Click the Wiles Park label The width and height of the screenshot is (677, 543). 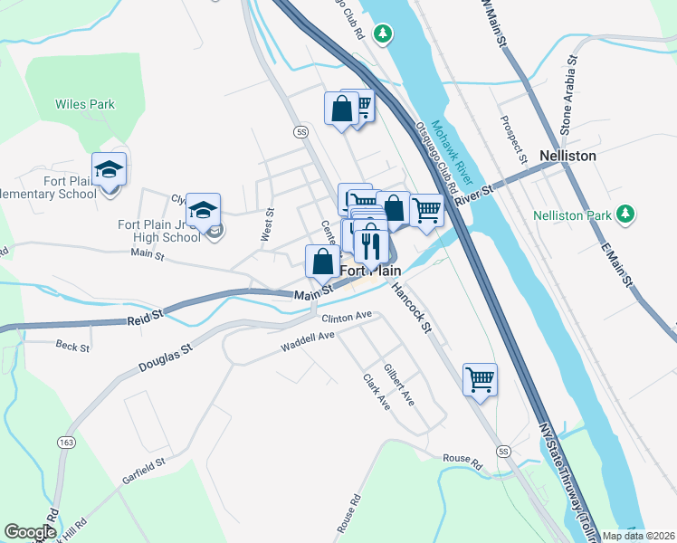[x=85, y=105]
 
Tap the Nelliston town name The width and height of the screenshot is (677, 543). [x=567, y=156]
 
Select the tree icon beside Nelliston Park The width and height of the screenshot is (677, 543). [x=624, y=214]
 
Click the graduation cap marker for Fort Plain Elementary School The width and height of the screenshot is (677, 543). [x=109, y=170]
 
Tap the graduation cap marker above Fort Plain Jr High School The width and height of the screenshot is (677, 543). [x=204, y=210]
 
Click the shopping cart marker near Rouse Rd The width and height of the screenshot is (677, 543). [x=480, y=378]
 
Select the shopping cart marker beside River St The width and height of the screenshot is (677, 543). [x=426, y=210]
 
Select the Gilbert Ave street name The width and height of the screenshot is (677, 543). [x=398, y=385]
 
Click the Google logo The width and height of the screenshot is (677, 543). [x=31, y=531]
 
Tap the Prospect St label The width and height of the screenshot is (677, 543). [x=511, y=132]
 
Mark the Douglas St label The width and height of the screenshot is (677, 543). [x=166, y=357]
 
